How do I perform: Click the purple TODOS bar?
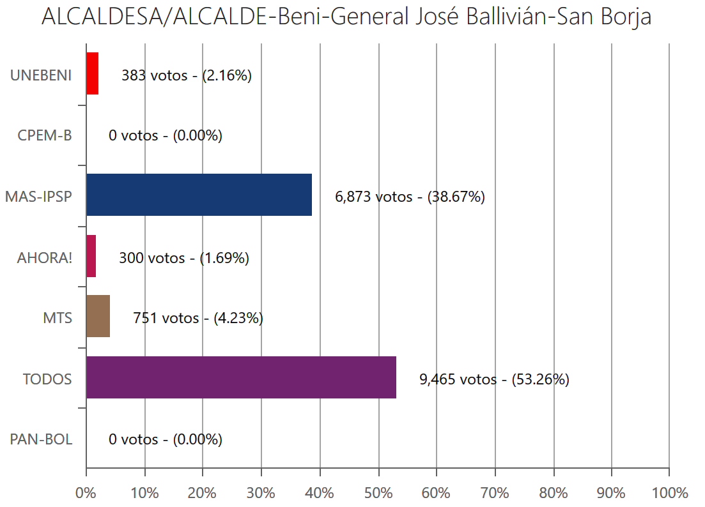(x=241, y=377)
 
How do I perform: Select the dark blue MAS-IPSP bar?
(x=199, y=195)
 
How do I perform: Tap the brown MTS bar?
(x=98, y=317)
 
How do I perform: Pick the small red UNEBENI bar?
(x=92, y=73)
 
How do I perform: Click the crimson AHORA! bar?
(x=91, y=256)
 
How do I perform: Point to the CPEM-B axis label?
(x=45, y=136)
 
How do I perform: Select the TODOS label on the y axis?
(x=47, y=379)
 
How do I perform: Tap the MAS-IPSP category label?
(x=38, y=197)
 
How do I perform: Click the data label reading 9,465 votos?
(x=494, y=379)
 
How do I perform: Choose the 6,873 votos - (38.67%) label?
(x=410, y=197)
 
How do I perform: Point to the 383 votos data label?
(x=187, y=75)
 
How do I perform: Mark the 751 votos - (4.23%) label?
(x=198, y=318)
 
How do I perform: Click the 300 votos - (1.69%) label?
(x=184, y=258)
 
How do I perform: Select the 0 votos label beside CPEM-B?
(x=166, y=136)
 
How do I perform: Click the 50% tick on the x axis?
(x=378, y=493)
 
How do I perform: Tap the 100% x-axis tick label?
(x=669, y=493)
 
